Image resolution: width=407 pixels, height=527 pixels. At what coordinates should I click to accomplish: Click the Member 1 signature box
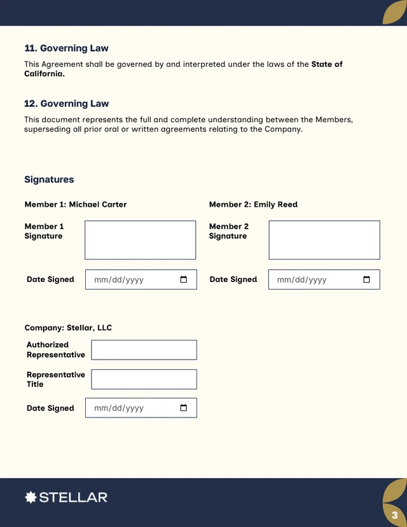[x=140, y=240]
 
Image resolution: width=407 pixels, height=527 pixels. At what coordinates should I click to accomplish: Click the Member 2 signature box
[x=324, y=240]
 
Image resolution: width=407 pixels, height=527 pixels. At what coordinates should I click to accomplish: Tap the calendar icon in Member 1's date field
[x=184, y=280]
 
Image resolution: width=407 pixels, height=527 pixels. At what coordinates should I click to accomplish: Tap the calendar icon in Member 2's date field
[x=367, y=280]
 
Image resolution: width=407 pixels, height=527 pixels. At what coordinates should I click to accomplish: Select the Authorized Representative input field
[x=144, y=349]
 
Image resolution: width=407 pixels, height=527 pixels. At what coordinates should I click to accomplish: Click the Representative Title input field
[x=144, y=379]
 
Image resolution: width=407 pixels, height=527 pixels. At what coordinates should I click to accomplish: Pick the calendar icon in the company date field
[x=184, y=408]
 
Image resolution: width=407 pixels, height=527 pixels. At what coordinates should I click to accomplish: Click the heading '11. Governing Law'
[x=66, y=48]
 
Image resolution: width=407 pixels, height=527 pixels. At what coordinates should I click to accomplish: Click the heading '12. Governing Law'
[x=66, y=104]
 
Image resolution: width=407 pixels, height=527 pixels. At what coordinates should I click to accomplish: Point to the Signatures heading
[x=49, y=179]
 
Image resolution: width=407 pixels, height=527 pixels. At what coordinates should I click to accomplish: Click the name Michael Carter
[x=98, y=205]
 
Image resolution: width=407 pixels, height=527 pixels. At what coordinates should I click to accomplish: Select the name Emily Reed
[x=275, y=205]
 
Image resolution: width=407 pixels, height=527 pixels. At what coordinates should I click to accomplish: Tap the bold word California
[x=44, y=74]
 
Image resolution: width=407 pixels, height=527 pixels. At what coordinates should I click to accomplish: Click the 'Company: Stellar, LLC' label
[x=68, y=328]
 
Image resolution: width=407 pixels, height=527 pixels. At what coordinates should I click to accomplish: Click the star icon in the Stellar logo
[x=31, y=497]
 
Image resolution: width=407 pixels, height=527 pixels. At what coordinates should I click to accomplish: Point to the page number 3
[x=394, y=515]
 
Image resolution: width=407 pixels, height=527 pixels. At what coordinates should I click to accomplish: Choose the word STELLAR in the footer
[x=73, y=497]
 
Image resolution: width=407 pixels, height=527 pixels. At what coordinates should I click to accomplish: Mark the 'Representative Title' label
[x=56, y=379]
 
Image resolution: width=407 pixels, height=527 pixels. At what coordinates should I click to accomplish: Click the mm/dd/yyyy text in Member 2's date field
[x=302, y=280]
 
